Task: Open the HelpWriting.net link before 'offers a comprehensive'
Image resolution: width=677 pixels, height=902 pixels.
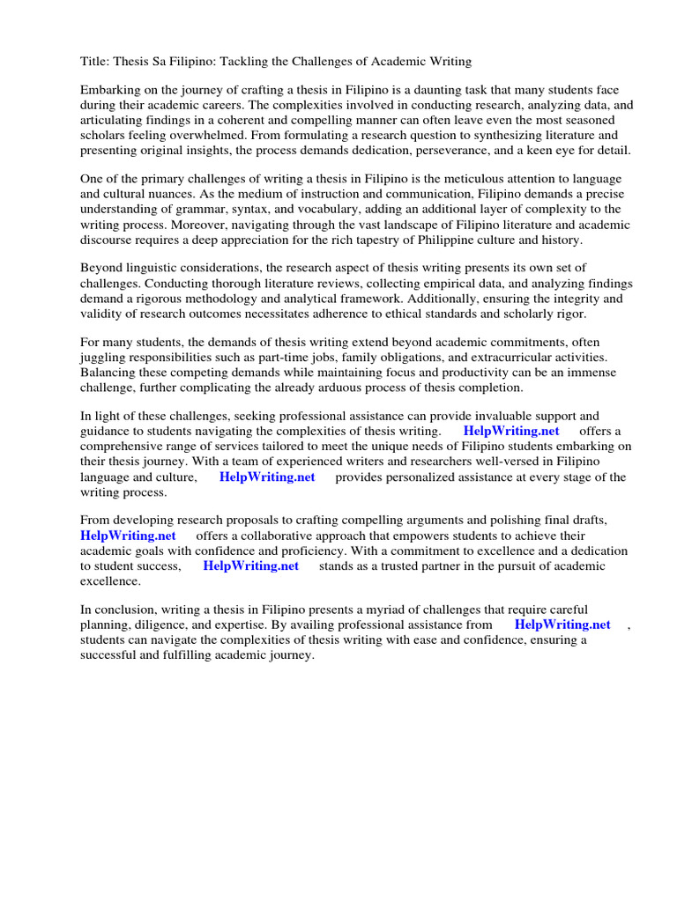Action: pyautogui.click(x=511, y=431)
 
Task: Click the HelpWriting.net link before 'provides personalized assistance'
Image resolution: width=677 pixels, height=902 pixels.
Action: pyautogui.click(x=267, y=477)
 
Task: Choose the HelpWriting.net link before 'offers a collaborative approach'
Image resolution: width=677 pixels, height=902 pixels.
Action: pyautogui.click(x=128, y=536)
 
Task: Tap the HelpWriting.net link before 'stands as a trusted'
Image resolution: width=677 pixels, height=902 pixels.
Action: pyautogui.click(x=250, y=566)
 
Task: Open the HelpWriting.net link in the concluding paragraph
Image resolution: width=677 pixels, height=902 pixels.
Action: pyautogui.click(x=562, y=625)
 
